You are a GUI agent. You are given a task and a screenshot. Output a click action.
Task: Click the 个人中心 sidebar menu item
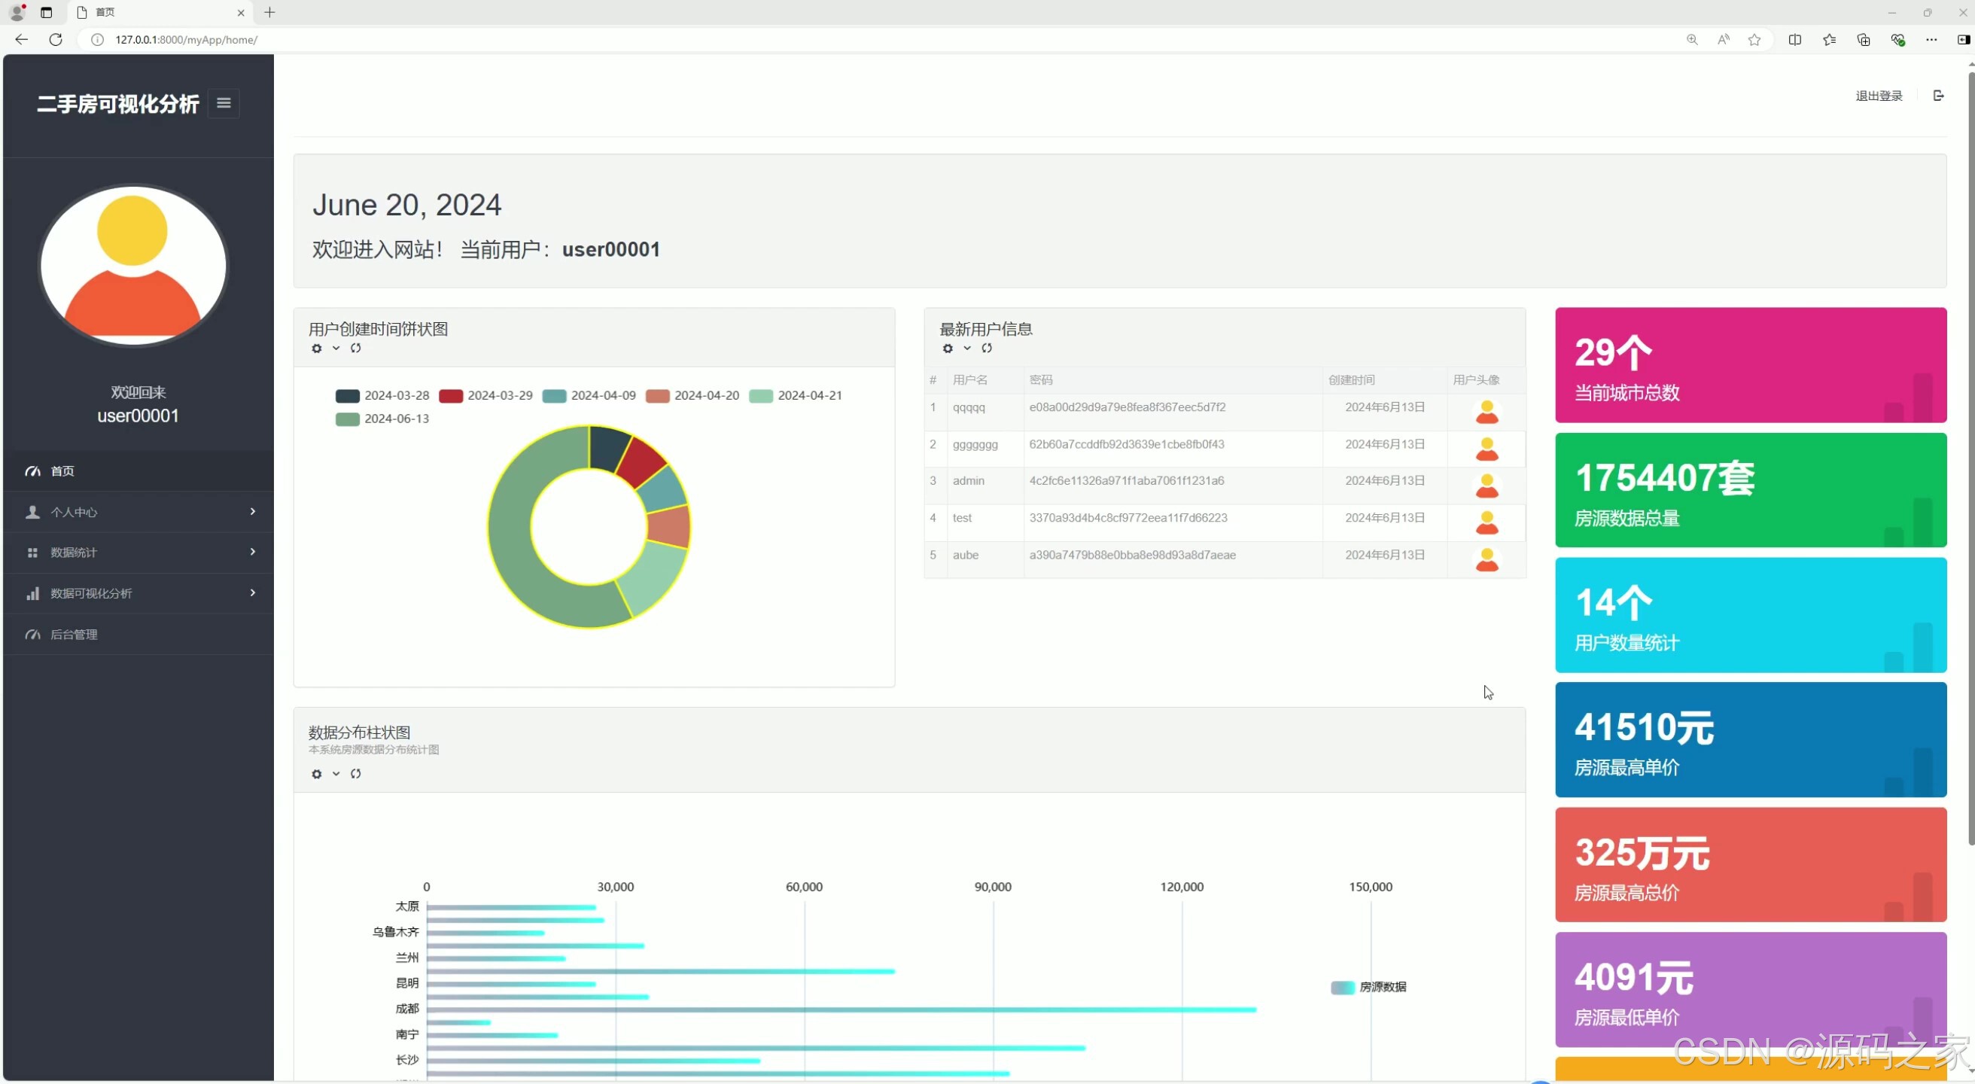point(74,512)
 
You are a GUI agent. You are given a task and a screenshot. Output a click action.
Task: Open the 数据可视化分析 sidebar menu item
point(91,593)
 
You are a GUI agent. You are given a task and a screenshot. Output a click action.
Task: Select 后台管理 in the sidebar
point(74,635)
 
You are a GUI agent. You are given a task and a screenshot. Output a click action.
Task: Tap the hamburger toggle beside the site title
point(224,102)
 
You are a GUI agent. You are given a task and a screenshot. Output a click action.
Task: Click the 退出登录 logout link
point(1879,96)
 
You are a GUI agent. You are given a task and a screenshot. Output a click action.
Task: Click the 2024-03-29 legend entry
point(485,395)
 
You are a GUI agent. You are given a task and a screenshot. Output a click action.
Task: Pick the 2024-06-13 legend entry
point(382,419)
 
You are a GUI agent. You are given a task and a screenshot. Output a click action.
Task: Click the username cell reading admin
point(969,481)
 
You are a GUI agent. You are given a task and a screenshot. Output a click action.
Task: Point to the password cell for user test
point(1127,517)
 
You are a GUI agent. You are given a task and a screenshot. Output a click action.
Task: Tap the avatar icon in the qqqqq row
point(1487,412)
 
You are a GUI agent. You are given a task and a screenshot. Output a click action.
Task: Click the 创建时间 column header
point(1351,380)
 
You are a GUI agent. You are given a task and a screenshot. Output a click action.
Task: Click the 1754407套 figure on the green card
point(1664,477)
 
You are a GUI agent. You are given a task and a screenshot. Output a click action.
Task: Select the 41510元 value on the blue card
point(1644,727)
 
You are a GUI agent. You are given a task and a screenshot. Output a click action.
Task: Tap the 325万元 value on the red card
point(1642,852)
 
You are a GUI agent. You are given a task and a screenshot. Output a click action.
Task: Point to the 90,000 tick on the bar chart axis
point(993,887)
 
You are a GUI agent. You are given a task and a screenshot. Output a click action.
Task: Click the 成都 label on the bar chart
point(407,1009)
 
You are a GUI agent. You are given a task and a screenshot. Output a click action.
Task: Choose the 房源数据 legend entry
point(1368,988)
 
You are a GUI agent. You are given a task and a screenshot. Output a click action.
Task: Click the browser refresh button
point(56,40)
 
